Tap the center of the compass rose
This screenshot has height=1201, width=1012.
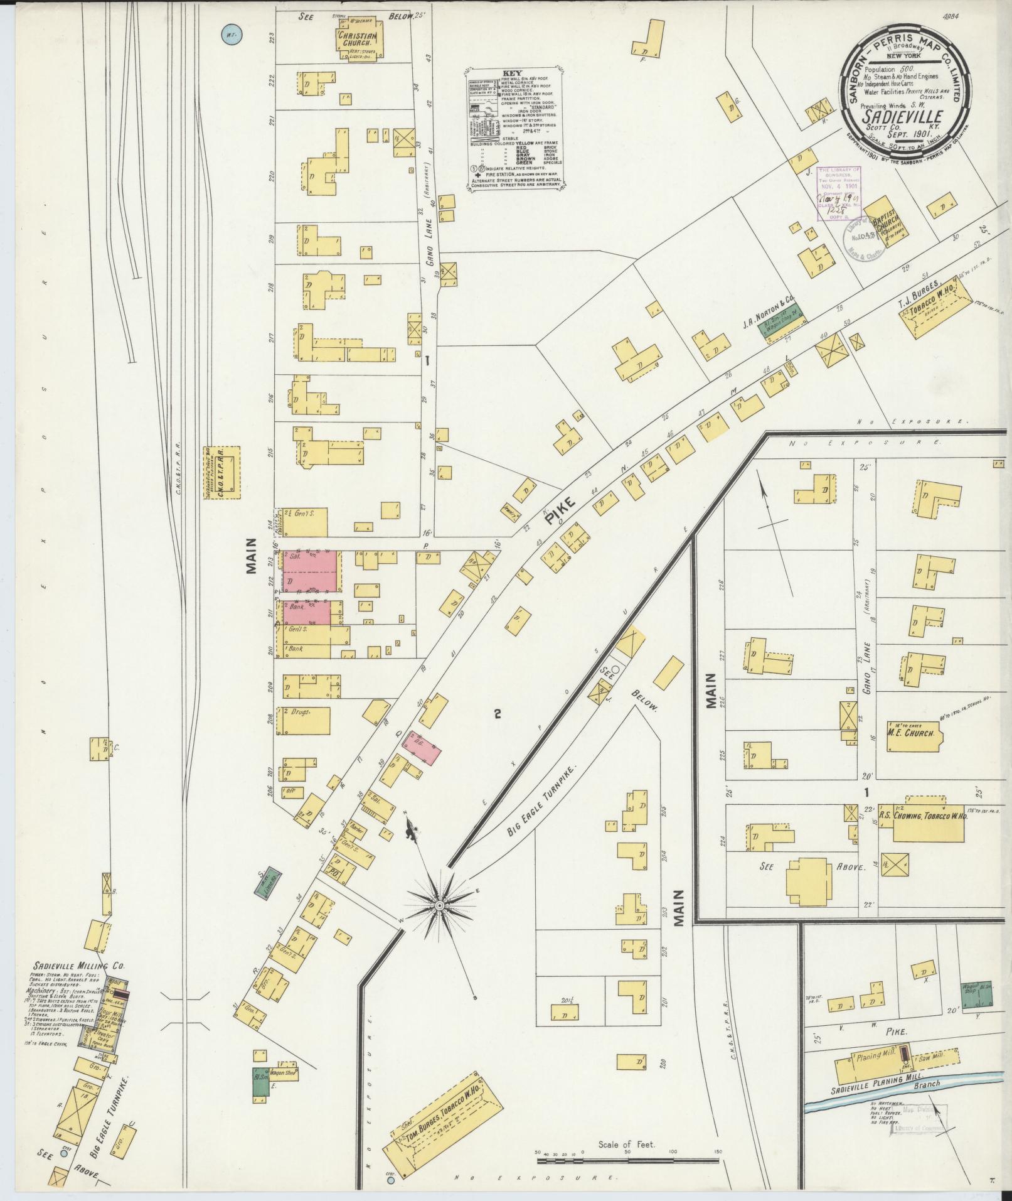pyautogui.click(x=440, y=905)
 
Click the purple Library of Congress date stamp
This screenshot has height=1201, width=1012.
pyautogui.click(x=838, y=194)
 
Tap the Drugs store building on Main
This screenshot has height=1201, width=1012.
pyautogui.click(x=306, y=720)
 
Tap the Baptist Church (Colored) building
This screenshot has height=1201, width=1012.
pyautogui.click(x=885, y=232)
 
